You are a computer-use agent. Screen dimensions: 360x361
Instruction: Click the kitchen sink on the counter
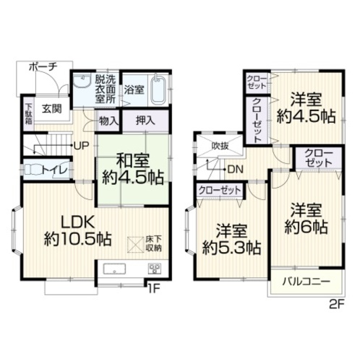114,269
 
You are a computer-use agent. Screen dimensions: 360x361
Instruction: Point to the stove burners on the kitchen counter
155,269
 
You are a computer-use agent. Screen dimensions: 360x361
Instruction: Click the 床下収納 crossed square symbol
135,245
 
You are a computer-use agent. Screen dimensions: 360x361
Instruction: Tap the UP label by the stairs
82,146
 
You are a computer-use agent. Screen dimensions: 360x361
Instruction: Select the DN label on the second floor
236,170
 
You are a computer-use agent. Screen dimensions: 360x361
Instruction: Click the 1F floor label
154,289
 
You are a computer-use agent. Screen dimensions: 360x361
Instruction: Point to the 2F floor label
337,305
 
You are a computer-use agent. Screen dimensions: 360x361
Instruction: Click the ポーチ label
43,67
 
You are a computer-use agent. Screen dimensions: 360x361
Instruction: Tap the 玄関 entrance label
52,109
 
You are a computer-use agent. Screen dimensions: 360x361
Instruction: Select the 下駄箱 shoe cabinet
29,113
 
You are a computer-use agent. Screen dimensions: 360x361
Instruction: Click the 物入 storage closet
108,121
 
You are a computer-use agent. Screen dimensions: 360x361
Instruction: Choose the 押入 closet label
145,121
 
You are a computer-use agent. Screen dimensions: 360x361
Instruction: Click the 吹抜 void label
220,146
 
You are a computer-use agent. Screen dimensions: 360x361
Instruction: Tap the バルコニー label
307,282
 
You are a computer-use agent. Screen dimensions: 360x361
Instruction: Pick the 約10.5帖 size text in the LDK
77,239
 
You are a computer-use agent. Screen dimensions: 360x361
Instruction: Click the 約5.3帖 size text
231,248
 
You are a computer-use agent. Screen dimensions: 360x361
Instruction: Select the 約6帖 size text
307,227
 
